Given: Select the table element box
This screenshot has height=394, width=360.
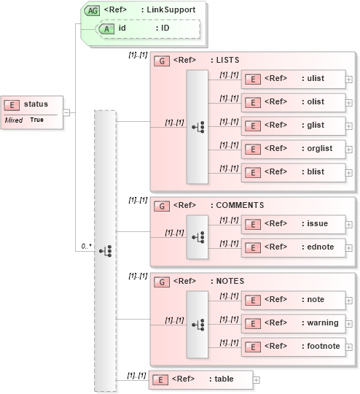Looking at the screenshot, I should click(x=201, y=379).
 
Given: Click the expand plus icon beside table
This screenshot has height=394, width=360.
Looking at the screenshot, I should click(x=257, y=380).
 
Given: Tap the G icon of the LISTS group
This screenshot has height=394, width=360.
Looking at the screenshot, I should click(x=163, y=61).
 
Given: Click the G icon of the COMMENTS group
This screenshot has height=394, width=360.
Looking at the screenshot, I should click(x=163, y=206).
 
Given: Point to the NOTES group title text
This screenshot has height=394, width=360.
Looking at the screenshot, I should click(x=230, y=281).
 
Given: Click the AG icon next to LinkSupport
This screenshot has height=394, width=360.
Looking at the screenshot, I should click(x=93, y=11).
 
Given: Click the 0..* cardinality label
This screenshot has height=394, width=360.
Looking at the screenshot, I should click(x=86, y=247).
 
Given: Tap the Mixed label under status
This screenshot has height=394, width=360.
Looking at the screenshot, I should click(x=14, y=120).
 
